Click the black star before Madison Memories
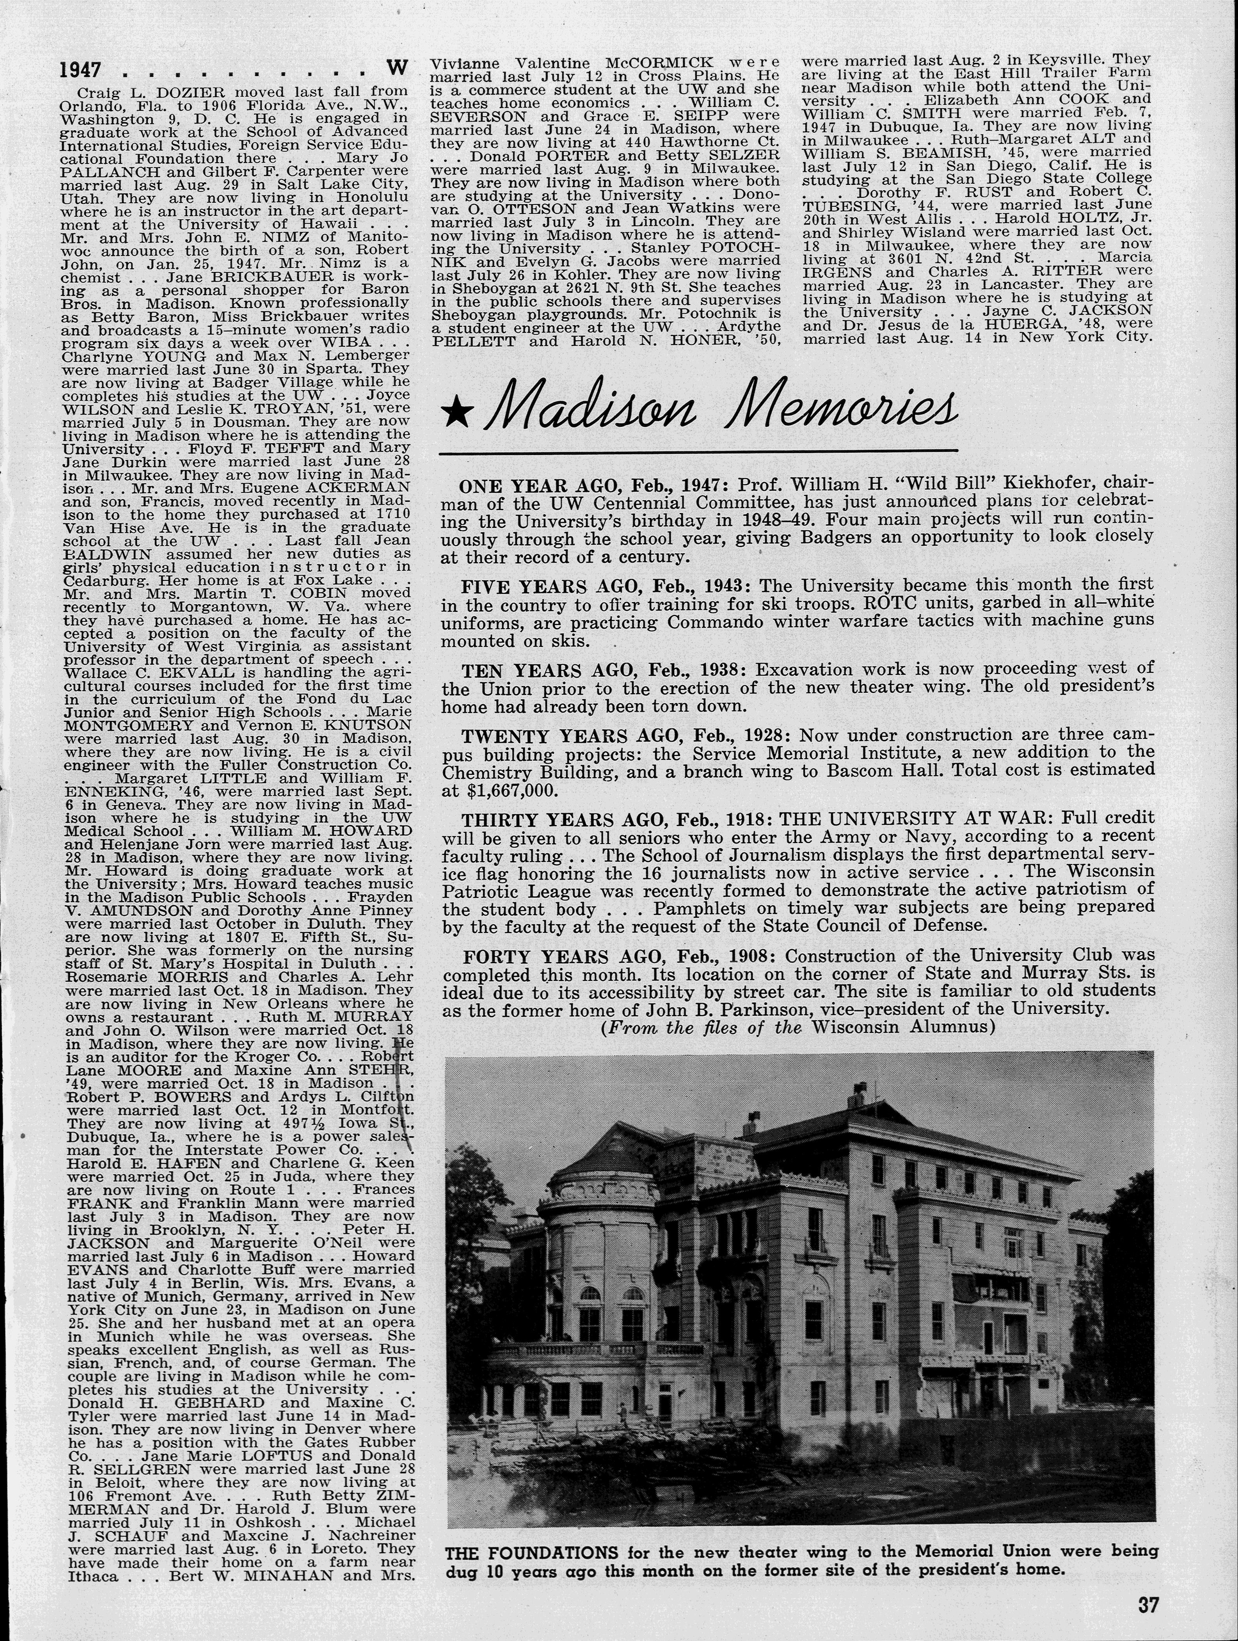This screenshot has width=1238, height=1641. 455,413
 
